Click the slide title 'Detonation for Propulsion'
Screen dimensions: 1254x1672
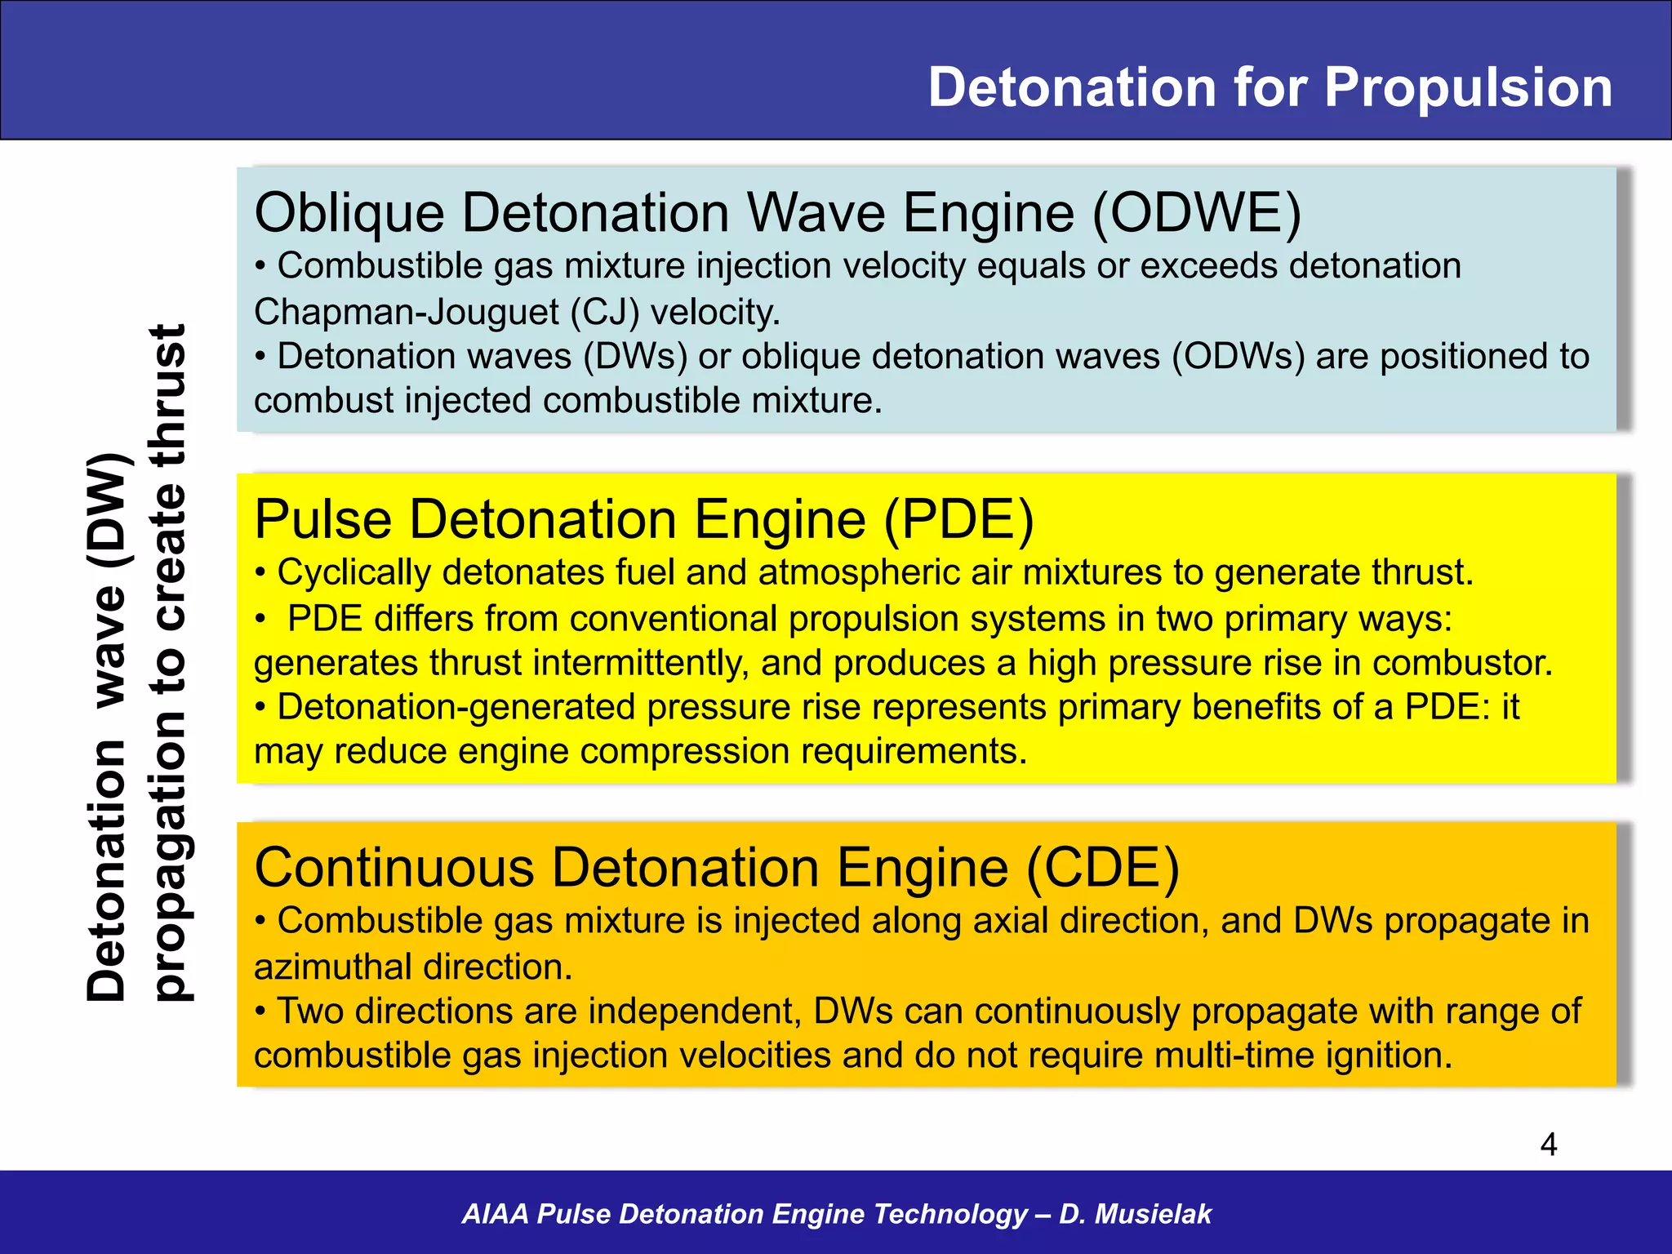coord(1270,87)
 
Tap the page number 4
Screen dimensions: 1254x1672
coord(1548,1145)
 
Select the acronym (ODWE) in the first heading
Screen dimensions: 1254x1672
coord(1196,213)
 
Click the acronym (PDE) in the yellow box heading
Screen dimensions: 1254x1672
coord(958,519)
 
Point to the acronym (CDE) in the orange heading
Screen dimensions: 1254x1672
coord(1102,867)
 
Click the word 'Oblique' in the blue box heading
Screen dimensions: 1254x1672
coord(349,213)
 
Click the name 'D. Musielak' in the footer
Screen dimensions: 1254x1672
coord(1135,1214)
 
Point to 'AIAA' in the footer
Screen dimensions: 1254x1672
coord(495,1214)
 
